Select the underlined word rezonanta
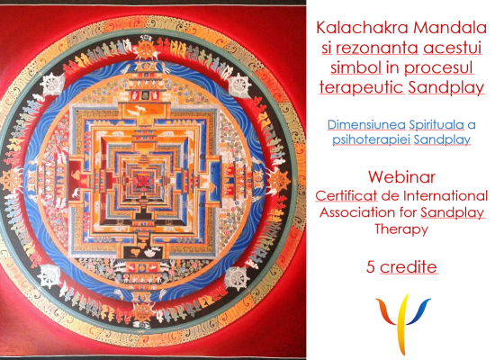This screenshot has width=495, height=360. [377, 48]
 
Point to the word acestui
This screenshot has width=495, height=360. [453, 48]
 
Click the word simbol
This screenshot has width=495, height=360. [356, 67]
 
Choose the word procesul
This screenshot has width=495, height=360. [438, 68]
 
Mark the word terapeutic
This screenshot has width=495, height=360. [361, 87]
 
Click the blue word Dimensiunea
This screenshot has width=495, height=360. [366, 125]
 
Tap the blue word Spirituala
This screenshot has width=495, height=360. [436, 125]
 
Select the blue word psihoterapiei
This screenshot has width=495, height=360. [371, 139]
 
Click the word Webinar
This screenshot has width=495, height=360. [401, 177]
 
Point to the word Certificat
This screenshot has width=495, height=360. [346, 196]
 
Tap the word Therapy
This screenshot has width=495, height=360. [401, 229]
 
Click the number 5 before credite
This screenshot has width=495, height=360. [370, 267]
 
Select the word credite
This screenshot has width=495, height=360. [409, 267]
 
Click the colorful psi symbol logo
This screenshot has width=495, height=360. [403, 324]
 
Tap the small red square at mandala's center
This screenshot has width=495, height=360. [144, 180]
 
